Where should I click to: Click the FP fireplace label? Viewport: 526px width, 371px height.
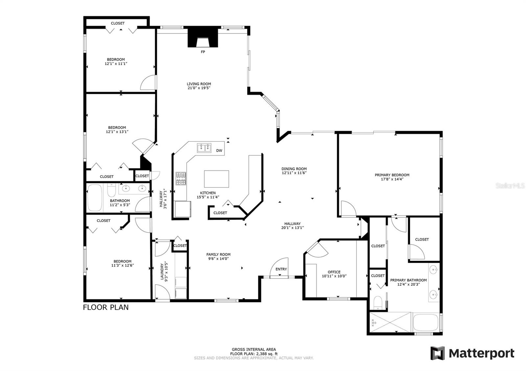click(203, 52)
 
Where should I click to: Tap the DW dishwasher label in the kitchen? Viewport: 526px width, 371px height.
click(219, 151)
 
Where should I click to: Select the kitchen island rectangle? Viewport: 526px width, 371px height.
click(217, 179)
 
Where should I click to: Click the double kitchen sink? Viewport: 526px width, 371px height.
click(204, 148)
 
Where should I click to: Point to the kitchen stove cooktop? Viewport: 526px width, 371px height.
click(181, 179)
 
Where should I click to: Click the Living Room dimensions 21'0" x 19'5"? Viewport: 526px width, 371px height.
click(199, 88)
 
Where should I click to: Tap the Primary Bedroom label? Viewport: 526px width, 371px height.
click(392, 175)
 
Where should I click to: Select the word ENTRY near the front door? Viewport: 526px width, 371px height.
click(281, 269)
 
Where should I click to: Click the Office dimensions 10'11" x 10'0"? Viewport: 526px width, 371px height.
click(334, 276)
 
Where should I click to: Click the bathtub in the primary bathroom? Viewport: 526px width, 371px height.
click(425, 322)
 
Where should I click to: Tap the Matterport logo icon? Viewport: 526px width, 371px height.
click(438, 353)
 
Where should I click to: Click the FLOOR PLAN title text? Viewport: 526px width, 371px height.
click(106, 307)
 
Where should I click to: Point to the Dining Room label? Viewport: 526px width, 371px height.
click(294, 169)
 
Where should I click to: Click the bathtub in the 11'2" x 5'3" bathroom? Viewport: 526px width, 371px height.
click(95, 198)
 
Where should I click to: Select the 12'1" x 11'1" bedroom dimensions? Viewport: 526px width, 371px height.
click(116, 64)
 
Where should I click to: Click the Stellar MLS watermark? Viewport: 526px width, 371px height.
click(510, 186)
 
